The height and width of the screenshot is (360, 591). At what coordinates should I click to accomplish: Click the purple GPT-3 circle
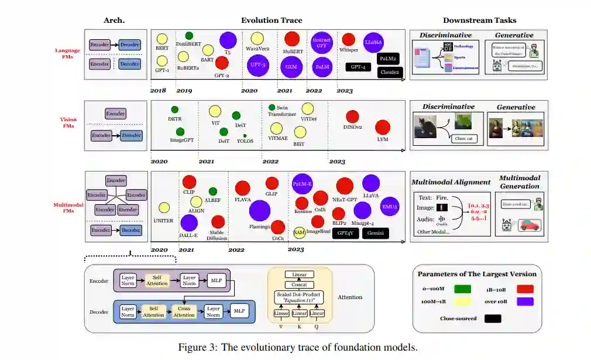tap(258, 65)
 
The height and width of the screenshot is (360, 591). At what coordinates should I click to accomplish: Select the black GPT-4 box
tap(358, 67)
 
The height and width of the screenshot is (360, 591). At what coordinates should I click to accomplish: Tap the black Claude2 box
tap(390, 72)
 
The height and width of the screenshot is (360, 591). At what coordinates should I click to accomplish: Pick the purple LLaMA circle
tap(373, 42)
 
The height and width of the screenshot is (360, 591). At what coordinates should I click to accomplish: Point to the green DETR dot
tap(174, 109)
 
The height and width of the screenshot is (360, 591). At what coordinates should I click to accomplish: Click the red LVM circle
tap(383, 127)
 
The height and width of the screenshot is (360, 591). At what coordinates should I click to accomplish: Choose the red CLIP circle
tap(189, 181)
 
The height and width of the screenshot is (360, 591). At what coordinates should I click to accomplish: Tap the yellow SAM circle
tap(300, 232)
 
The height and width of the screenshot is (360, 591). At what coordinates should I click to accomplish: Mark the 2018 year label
tap(158, 91)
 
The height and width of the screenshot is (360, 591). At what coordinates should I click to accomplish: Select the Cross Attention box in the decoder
tap(184, 311)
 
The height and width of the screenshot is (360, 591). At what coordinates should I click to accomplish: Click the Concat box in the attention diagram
tap(299, 284)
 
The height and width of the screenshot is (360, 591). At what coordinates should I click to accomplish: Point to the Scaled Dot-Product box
tap(299, 297)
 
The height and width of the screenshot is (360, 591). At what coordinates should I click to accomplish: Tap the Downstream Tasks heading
tap(479, 20)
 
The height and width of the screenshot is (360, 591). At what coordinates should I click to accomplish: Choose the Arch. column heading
tap(114, 20)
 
